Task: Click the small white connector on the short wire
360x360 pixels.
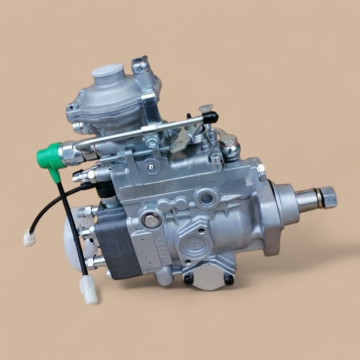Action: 28,238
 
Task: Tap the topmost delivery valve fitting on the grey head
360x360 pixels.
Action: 88,210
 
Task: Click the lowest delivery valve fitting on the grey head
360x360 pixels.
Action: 93,264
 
